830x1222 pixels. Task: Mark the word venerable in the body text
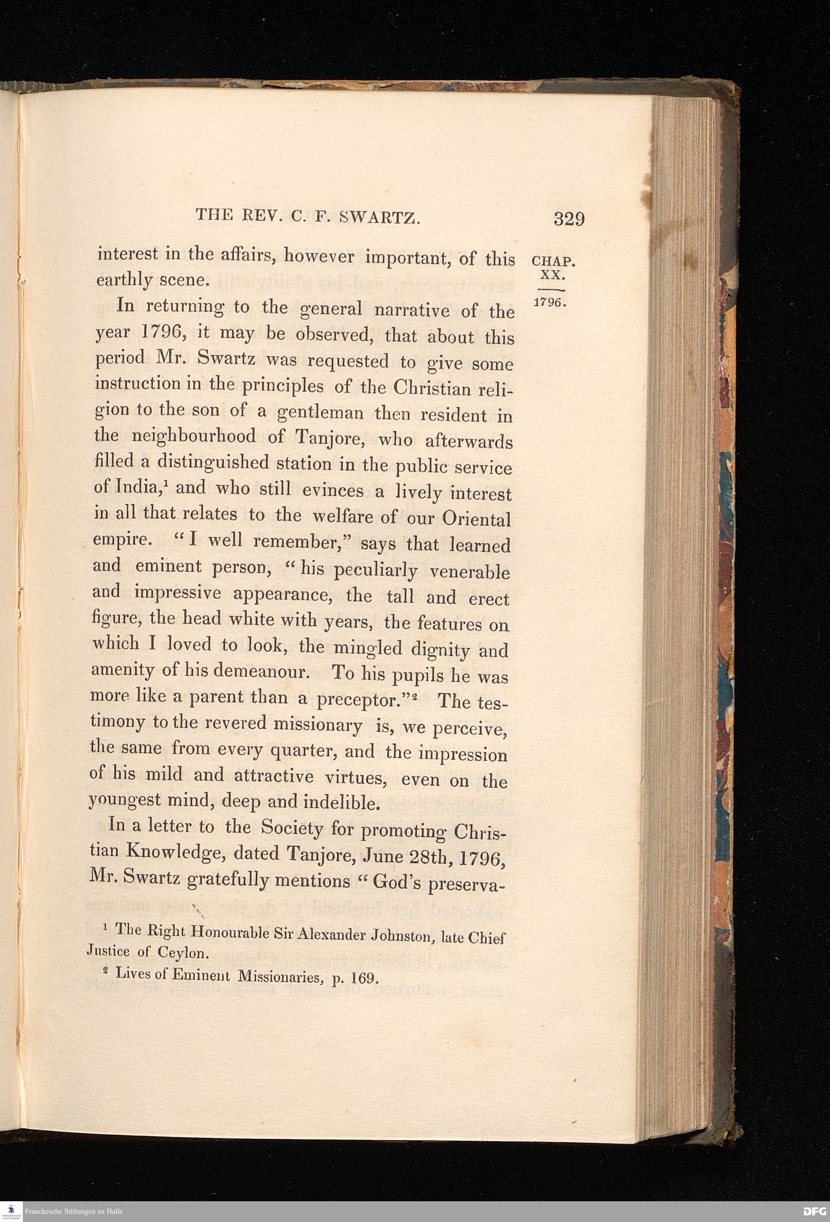coord(469,571)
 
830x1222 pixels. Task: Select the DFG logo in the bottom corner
coord(814,1212)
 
